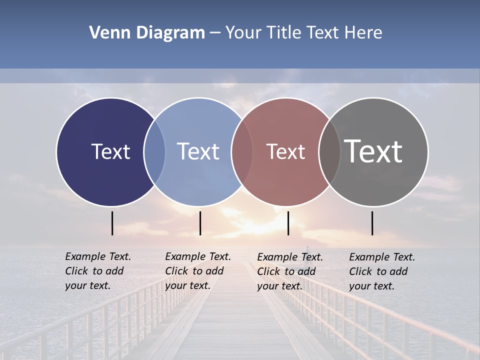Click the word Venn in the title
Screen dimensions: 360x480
pos(105,33)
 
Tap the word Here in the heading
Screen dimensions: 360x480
pos(363,33)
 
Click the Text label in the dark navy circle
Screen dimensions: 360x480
pos(110,151)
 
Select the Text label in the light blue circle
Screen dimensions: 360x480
pos(198,151)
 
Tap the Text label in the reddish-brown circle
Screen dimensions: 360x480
pos(285,151)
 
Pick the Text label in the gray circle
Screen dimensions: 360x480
pos(373,151)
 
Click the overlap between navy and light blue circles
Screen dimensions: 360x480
pos(154,152)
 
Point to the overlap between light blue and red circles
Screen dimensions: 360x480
pos(242,152)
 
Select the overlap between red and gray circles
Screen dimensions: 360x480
pos(329,152)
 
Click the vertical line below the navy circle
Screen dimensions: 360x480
pos(112,223)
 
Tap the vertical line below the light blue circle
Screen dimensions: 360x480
pos(200,223)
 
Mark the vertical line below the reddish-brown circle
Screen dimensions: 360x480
pos(288,223)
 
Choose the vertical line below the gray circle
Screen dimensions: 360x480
pos(372,223)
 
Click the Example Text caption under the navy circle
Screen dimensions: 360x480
pos(97,271)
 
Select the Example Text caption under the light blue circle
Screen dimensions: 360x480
pos(197,271)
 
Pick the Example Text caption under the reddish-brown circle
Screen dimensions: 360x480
pos(289,271)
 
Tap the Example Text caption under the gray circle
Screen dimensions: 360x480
pos(381,271)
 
